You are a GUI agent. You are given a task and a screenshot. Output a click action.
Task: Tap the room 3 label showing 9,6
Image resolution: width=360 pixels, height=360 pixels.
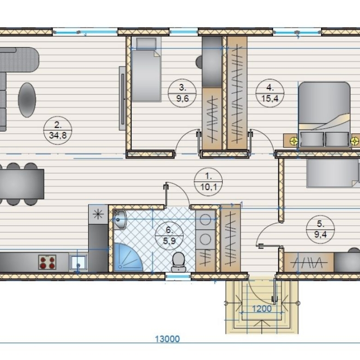(x=182, y=93)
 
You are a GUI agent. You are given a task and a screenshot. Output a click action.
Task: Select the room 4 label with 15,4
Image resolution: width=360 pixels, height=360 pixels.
(x=270, y=93)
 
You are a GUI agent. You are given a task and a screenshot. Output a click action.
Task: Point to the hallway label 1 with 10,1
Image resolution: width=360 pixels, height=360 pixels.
(x=208, y=181)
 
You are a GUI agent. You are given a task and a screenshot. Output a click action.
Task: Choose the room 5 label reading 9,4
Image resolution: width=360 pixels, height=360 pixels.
(x=320, y=229)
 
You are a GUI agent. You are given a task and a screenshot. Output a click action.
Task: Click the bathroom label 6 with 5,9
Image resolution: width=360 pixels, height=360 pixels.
(x=169, y=235)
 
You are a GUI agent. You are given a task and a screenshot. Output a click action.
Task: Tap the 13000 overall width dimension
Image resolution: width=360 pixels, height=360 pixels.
(x=168, y=339)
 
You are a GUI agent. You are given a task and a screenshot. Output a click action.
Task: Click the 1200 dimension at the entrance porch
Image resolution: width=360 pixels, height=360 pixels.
(x=262, y=309)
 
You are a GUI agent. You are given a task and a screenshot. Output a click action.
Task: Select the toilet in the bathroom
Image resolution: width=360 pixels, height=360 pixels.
(x=179, y=262)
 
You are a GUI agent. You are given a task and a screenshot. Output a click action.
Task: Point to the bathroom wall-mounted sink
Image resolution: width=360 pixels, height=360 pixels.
(x=120, y=220)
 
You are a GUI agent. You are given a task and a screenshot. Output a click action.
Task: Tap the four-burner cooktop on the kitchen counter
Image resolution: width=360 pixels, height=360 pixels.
(x=47, y=262)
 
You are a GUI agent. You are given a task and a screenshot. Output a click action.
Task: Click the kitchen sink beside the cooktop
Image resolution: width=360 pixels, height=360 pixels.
(x=78, y=263)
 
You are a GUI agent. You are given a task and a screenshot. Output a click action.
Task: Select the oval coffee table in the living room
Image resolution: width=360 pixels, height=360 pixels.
(x=27, y=100)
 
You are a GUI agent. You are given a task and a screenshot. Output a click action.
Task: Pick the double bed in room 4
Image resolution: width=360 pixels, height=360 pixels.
(x=324, y=114)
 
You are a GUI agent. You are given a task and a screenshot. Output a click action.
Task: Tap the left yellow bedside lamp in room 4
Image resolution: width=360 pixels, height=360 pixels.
(x=294, y=140)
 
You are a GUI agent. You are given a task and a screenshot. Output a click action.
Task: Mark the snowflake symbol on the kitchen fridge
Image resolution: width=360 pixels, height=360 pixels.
(x=98, y=214)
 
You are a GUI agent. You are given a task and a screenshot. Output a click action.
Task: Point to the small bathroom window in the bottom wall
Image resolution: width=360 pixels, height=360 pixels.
(x=178, y=276)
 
